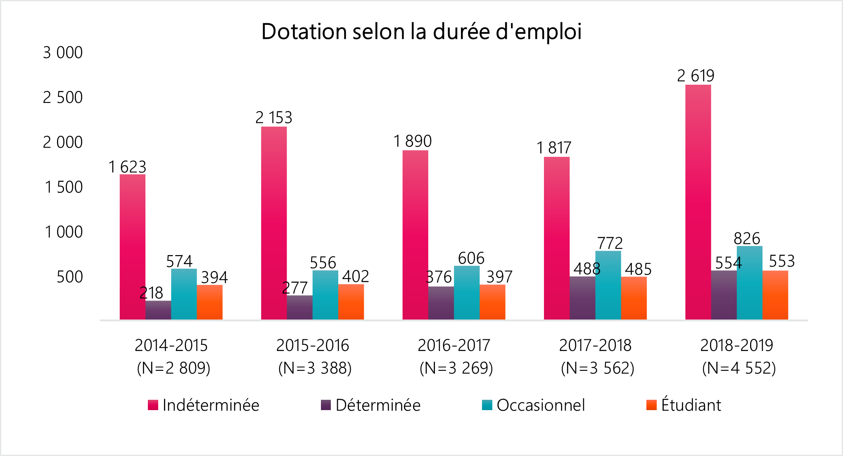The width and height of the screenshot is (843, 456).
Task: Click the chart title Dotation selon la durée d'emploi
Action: [421, 32]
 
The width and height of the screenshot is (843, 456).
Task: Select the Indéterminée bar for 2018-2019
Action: [698, 203]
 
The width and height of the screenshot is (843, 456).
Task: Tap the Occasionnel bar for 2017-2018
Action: [608, 285]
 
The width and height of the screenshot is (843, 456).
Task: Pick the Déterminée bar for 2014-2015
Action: [158, 310]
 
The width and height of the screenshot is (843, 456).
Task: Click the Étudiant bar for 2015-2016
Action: [351, 302]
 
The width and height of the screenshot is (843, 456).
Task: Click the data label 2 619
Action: [696, 76]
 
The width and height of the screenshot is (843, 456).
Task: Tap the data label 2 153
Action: [273, 118]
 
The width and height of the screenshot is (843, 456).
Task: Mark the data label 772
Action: [610, 243]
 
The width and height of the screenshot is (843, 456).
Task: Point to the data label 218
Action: [151, 293]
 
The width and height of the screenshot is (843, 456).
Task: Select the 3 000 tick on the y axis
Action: [63, 53]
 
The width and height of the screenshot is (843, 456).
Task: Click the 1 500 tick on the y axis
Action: [64, 187]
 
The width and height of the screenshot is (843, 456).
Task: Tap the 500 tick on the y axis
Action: [69, 277]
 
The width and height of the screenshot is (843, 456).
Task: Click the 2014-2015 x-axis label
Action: [171, 345]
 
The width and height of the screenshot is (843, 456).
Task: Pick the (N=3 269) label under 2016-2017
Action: [456, 368]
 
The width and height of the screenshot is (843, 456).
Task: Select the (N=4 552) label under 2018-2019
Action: [739, 368]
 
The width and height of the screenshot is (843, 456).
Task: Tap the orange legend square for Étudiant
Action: [651, 405]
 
